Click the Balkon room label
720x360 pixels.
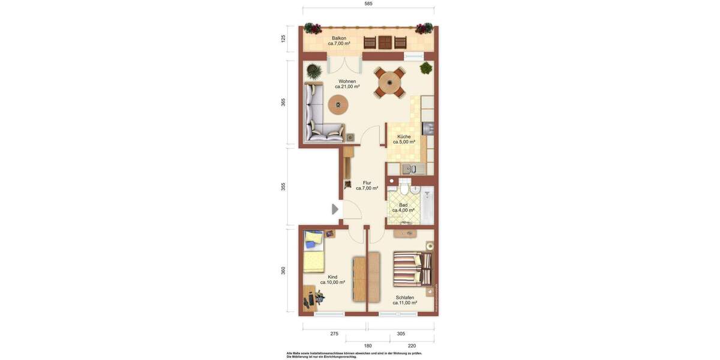(338, 38)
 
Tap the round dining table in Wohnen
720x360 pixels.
(390, 82)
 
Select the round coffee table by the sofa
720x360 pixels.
(338, 105)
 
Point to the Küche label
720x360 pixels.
(404, 136)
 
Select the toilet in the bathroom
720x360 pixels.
(404, 188)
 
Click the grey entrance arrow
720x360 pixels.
(335, 209)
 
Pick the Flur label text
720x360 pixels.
(367, 182)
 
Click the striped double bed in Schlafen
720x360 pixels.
(412, 268)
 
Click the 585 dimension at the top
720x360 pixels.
(368, 4)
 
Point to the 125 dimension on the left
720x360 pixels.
(283, 38)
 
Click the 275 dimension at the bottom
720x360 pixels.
(334, 334)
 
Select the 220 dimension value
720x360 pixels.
(412, 346)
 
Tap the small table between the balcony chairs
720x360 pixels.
(385, 42)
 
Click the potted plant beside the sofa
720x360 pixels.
(314, 71)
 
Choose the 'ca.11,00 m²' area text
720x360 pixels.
(404, 303)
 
